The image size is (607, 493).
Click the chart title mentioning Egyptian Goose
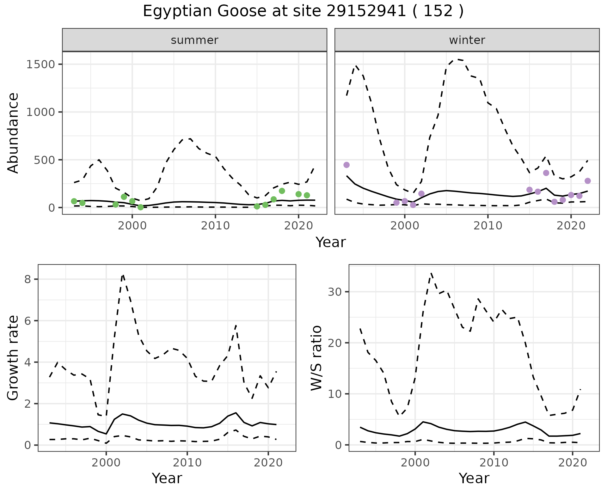(303, 11)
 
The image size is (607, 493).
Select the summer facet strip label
(194, 40)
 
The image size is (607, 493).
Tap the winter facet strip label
(467, 40)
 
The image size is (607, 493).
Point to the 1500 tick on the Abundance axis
(41, 64)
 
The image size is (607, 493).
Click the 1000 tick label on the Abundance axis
(41, 112)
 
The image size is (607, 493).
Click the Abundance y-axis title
(13, 133)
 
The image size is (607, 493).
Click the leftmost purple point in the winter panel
(346, 165)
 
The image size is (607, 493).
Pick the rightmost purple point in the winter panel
(588, 181)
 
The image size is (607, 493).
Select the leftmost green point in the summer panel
(74, 201)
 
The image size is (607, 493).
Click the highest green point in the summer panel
(282, 191)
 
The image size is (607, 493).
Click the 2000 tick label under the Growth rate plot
(106, 463)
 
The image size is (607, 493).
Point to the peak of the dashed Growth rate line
(123, 275)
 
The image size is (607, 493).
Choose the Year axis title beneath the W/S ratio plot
(474, 478)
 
